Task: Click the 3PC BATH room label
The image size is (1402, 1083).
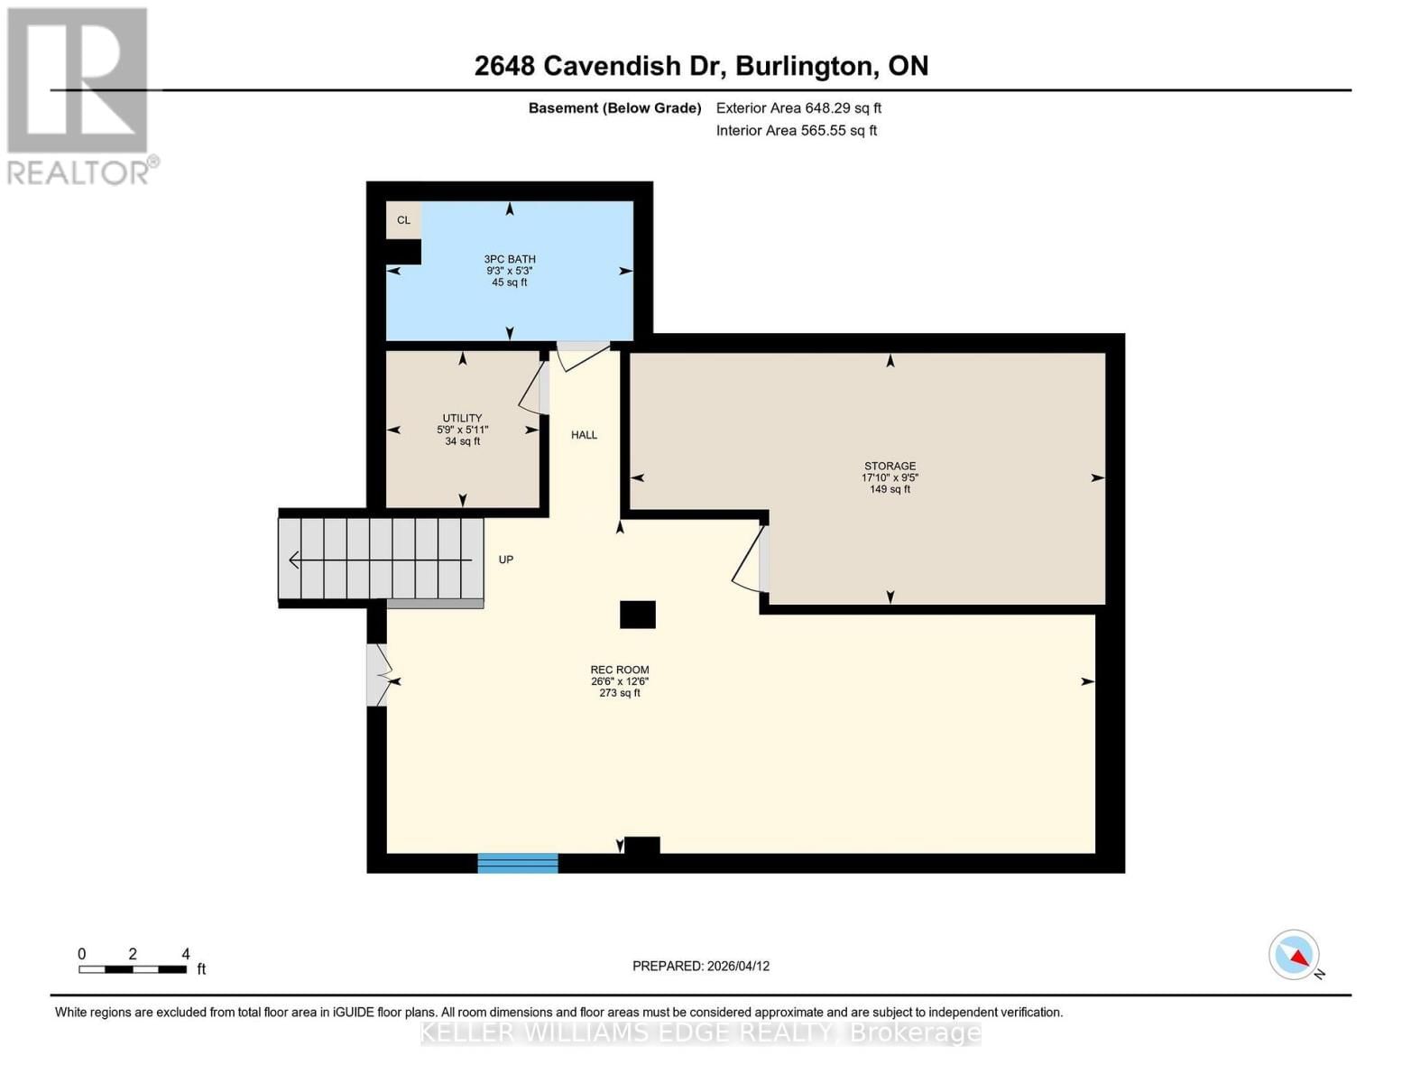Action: [x=510, y=260]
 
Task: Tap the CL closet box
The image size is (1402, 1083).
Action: [x=403, y=220]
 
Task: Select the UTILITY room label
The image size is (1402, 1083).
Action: [x=462, y=419]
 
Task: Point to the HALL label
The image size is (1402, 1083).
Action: [x=584, y=435]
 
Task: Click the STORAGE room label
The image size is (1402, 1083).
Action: [x=890, y=467]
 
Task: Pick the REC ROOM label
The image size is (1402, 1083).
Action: [x=620, y=671]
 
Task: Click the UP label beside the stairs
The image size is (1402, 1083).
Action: [x=506, y=560]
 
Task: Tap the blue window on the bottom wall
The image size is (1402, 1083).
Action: [x=518, y=863]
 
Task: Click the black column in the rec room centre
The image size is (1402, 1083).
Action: [x=637, y=615]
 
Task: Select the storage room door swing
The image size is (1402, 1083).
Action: [x=750, y=560]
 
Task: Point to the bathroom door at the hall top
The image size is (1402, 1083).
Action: [x=583, y=355]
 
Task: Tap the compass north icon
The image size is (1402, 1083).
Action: [x=1295, y=955]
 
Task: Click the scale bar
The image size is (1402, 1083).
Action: [x=133, y=969]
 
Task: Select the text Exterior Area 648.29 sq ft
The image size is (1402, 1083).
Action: [x=798, y=108]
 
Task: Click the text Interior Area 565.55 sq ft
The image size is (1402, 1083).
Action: [x=797, y=131]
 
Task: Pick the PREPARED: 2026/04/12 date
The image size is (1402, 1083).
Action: [x=701, y=966]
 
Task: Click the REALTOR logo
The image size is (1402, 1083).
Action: [x=79, y=96]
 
